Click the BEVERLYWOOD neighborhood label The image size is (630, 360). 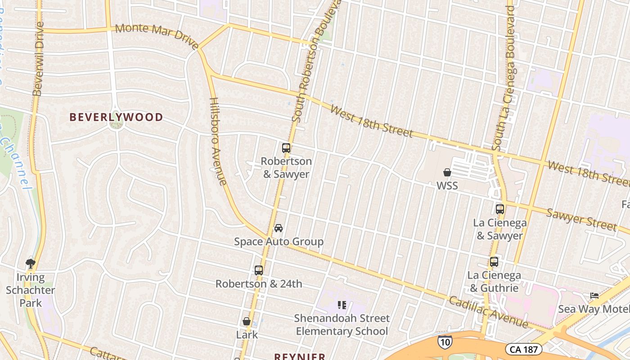[116, 117]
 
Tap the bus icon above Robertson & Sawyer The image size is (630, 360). [286, 148]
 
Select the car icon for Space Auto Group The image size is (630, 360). [279, 228]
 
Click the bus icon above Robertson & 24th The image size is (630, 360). [258, 270]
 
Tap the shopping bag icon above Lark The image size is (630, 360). [247, 321]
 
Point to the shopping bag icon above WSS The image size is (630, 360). [447, 172]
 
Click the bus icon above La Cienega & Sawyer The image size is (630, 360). [500, 209]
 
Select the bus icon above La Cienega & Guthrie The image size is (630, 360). [494, 262]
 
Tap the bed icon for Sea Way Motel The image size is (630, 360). [594, 296]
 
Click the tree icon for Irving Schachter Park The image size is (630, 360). [31, 263]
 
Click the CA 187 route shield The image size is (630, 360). [523, 349]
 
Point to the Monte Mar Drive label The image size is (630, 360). [157, 36]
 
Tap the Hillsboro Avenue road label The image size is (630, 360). [218, 141]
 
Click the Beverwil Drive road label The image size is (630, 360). [39, 59]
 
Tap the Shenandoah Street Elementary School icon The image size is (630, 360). [342, 306]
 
